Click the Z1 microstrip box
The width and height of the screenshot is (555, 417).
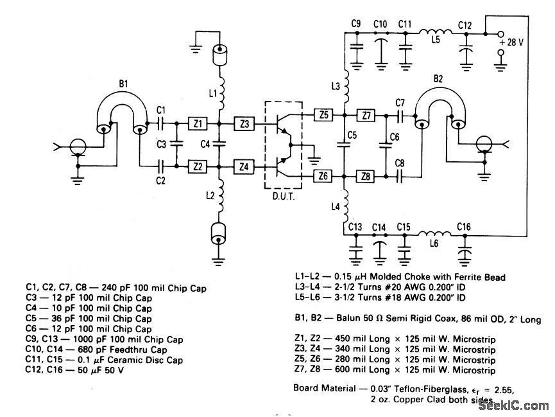click(x=198, y=123)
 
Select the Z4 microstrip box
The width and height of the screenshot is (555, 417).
click(x=243, y=167)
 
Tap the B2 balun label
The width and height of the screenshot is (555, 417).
click(x=438, y=79)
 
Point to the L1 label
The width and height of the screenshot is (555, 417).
click(x=213, y=94)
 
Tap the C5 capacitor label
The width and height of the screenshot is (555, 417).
click(x=352, y=136)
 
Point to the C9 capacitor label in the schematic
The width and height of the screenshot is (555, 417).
click(x=355, y=23)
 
